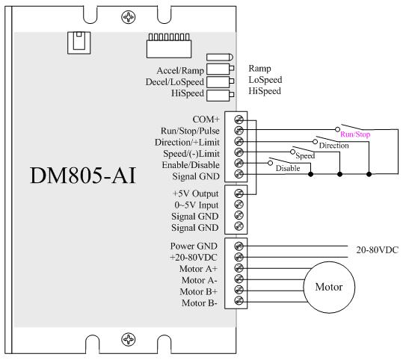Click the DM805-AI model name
tap(83, 176)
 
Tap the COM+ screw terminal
tap(239, 120)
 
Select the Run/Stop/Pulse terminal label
tap(190, 131)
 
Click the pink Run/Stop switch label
tap(355, 134)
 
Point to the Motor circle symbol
tap(329, 287)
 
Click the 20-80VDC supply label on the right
tap(378, 249)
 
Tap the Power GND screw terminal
tap(239, 246)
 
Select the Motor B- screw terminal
tap(239, 301)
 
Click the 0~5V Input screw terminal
tap(239, 205)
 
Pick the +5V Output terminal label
tap(195, 193)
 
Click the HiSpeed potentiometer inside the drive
tap(220, 96)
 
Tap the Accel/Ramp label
tap(180, 71)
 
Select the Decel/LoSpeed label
tap(175, 82)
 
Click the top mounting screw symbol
tap(129, 17)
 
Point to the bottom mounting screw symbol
tap(129, 339)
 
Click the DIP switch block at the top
tap(169, 46)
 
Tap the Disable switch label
tap(288, 168)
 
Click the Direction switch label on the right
tap(333, 146)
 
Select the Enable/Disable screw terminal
tap(239, 163)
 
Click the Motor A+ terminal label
tap(198, 269)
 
